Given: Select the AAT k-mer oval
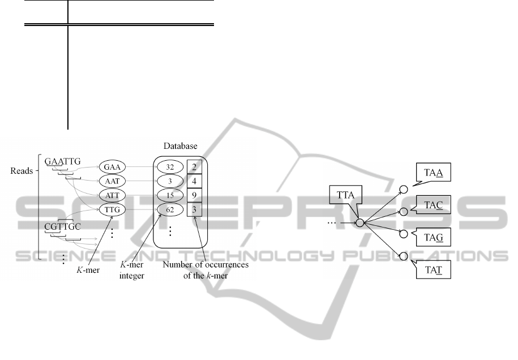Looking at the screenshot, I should [x=112, y=181].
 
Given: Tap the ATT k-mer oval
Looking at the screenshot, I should [x=112, y=195].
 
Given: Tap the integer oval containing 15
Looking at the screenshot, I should [x=169, y=195].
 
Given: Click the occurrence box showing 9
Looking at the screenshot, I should [x=194, y=195].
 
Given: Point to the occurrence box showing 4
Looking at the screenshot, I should [x=194, y=181].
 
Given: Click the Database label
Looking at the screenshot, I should [x=181, y=146].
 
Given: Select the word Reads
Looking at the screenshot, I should [x=21, y=170].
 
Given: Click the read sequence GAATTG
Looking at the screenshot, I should [x=63, y=162].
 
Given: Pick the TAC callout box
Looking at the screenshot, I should [x=434, y=203].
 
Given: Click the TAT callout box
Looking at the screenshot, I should [x=434, y=268].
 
